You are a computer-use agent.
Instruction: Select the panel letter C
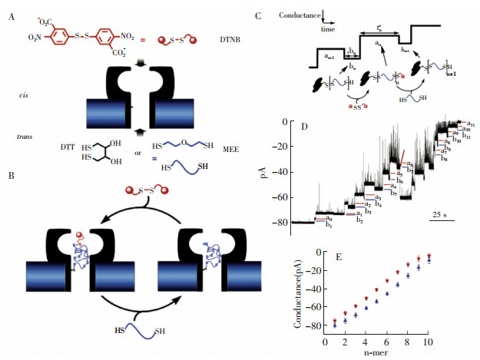point(279,13)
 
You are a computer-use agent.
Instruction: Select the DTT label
point(69,144)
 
